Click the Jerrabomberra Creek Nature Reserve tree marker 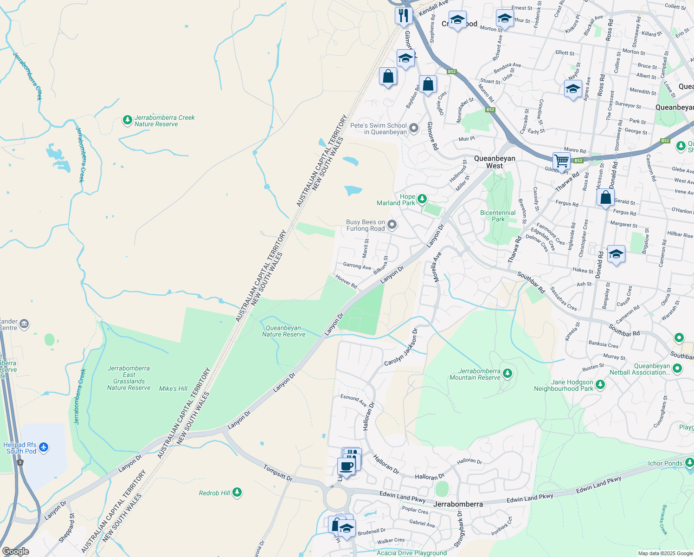tap(128, 121)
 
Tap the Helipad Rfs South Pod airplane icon tap(44, 447)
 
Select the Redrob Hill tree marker tap(237, 492)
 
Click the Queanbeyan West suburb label tap(495, 162)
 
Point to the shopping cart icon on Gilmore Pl tap(561, 161)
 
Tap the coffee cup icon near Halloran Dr tap(346, 466)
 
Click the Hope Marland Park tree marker tap(422, 199)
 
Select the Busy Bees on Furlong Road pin tap(392, 225)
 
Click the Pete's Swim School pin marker tap(414, 128)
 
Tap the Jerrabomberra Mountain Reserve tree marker tap(508, 373)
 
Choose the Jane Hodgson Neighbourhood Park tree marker tap(600, 384)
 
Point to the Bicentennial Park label tap(498, 216)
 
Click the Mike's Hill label tap(173, 389)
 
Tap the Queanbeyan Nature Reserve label tap(283, 331)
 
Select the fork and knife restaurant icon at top tap(404, 15)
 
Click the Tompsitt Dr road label tap(278, 473)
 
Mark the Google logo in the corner tap(15, 551)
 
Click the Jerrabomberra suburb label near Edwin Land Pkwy tap(458, 504)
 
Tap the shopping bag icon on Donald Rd tap(606, 198)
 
